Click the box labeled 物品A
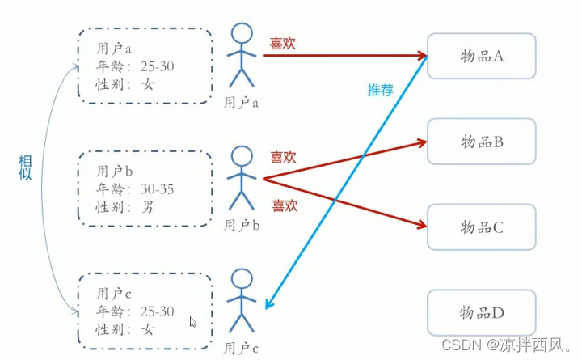(x=481, y=56)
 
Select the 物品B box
(x=481, y=142)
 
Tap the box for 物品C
(x=481, y=227)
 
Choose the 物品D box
(x=481, y=313)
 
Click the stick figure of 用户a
(x=241, y=57)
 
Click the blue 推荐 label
(x=381, y=90)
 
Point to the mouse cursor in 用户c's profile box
(x=192, y=321)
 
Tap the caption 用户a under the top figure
(x=241, y=103)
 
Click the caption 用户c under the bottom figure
(x=241, y=349)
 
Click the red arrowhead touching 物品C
(x=420, y=227)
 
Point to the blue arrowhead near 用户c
(x=270, y=305)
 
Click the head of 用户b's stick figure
(x=241, y=155)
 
